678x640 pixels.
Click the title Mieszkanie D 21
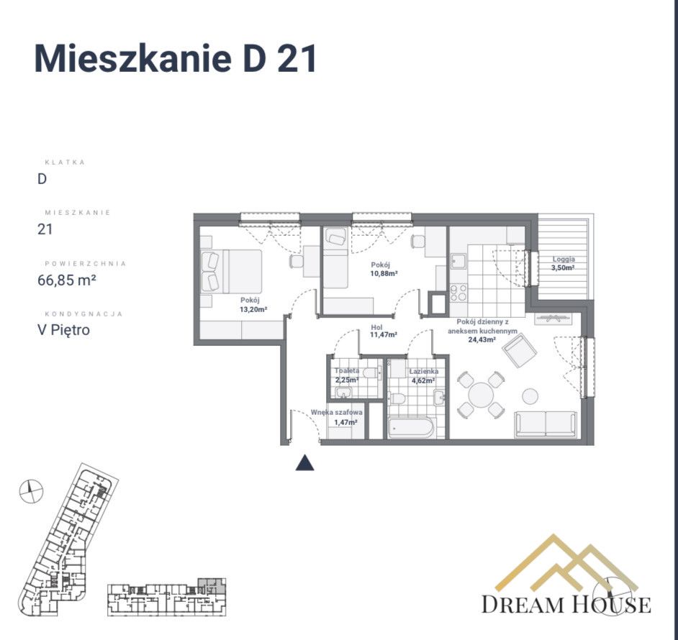click(176, 59)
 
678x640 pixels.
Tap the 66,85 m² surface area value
click(66, 280)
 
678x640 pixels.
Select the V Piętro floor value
click(64, 331)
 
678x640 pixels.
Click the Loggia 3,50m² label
click(564, 263)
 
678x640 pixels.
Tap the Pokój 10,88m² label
click(384, 269)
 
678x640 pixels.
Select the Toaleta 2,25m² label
click(347, 375)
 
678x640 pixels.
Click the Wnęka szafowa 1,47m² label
click(336, 417)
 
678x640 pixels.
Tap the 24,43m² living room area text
click(482, 339)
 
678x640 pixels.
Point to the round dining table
click(480, 394)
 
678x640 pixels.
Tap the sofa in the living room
click(546, 424)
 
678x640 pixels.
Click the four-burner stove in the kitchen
click(458, 293)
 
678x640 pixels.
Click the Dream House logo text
click(566, 604)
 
